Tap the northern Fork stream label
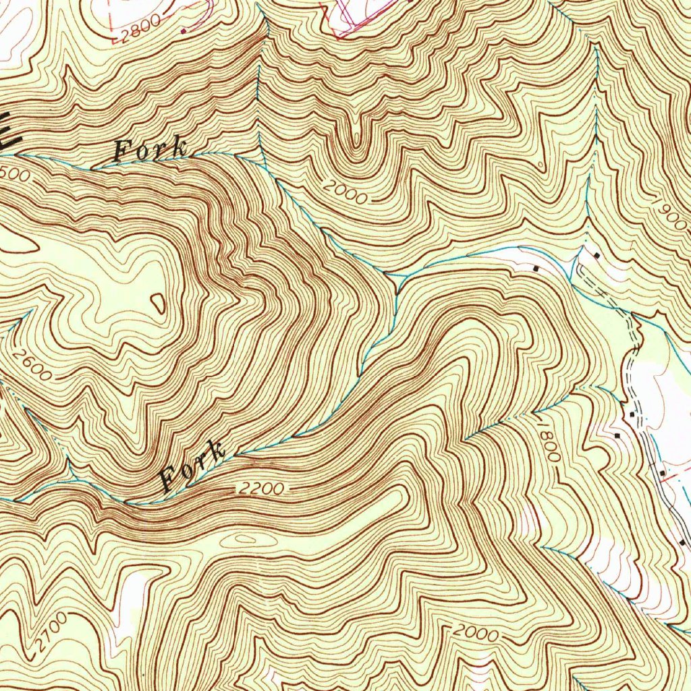click(x=150, y=150)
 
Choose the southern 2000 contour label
click(x=476, y=633)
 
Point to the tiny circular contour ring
click(x=541, y=165)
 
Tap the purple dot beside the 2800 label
click(x=184, y=30)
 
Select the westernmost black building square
click(x=536, y=268)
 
